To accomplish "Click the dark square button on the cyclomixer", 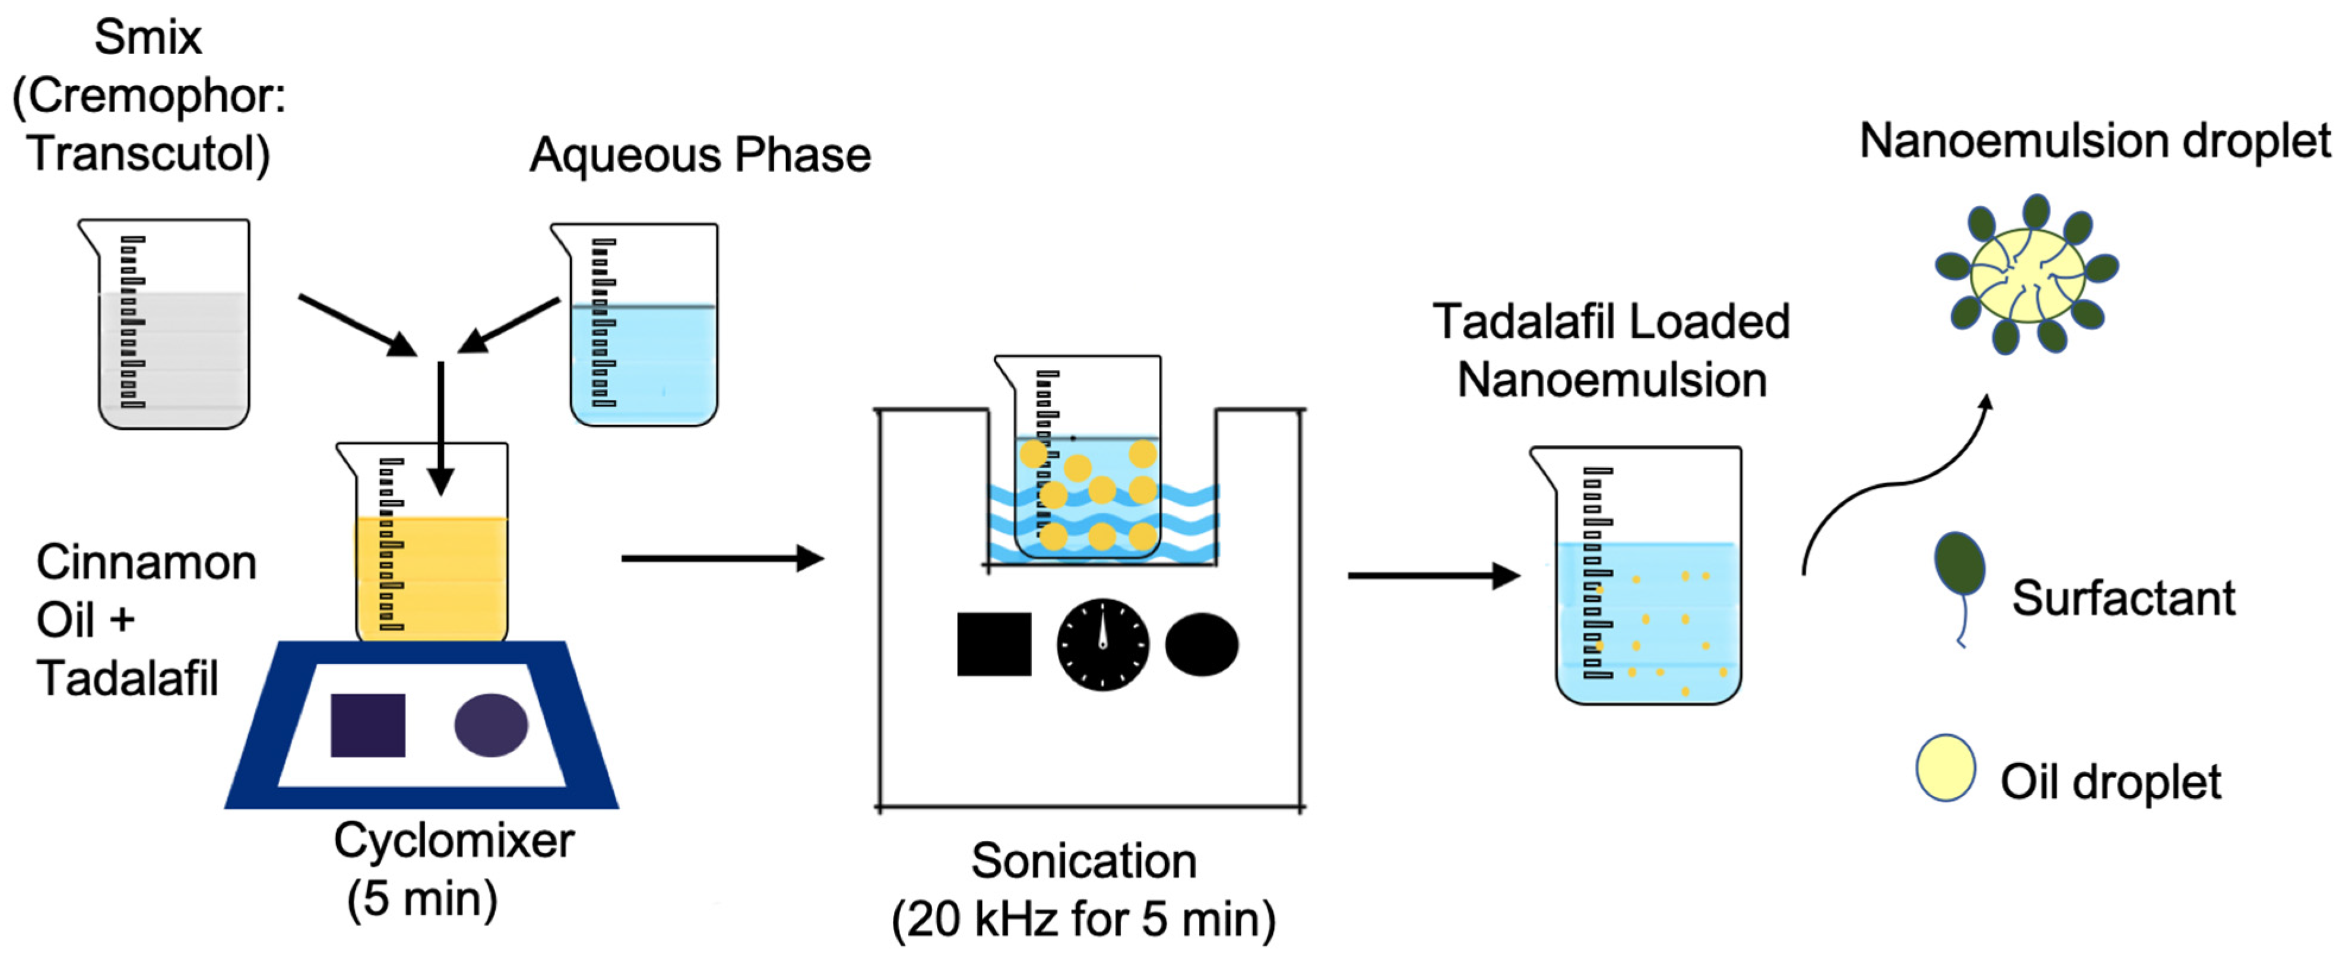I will (x=367, y=725).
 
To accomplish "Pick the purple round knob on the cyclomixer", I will (x=490, y=725).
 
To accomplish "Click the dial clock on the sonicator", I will (x=1102, y=644).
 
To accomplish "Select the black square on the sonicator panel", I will (x=994, y=644).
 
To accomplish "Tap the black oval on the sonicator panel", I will (x=1202, y=644).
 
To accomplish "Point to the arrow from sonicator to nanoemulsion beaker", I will (x=1433, y=575).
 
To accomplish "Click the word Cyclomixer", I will (x=454, y=840).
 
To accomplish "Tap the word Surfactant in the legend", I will (x=2123, y=598).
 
